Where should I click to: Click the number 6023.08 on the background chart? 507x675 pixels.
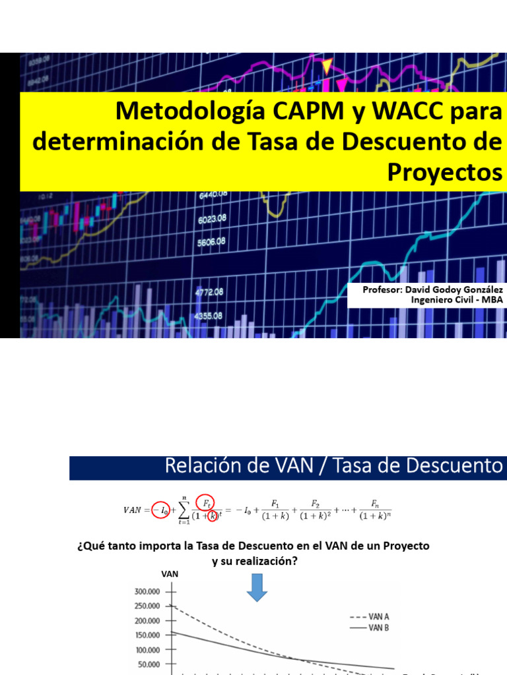tap(212, 218)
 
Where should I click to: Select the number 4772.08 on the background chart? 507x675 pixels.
tap(209, 291)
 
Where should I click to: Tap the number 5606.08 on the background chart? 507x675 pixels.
tap(212, 241)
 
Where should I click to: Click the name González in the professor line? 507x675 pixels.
tap(480, 290)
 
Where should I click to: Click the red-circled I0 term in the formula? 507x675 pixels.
tap(160, 509)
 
